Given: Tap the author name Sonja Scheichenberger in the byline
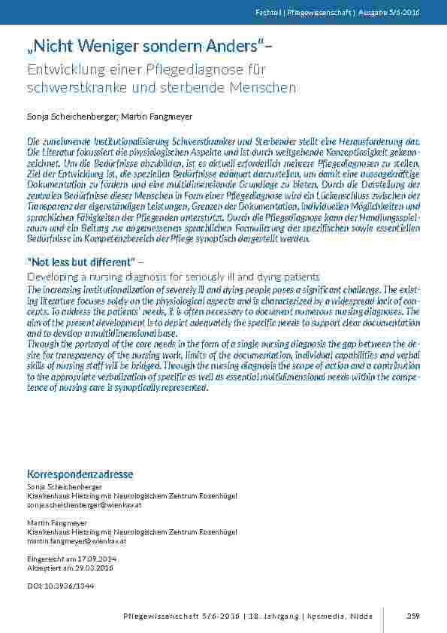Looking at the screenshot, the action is tap(65, 117).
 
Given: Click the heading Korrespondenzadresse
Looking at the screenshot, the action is tap(80, 475).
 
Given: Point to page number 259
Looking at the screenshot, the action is tap(412, 616).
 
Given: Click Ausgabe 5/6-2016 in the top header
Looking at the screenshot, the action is tap(412, 12).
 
